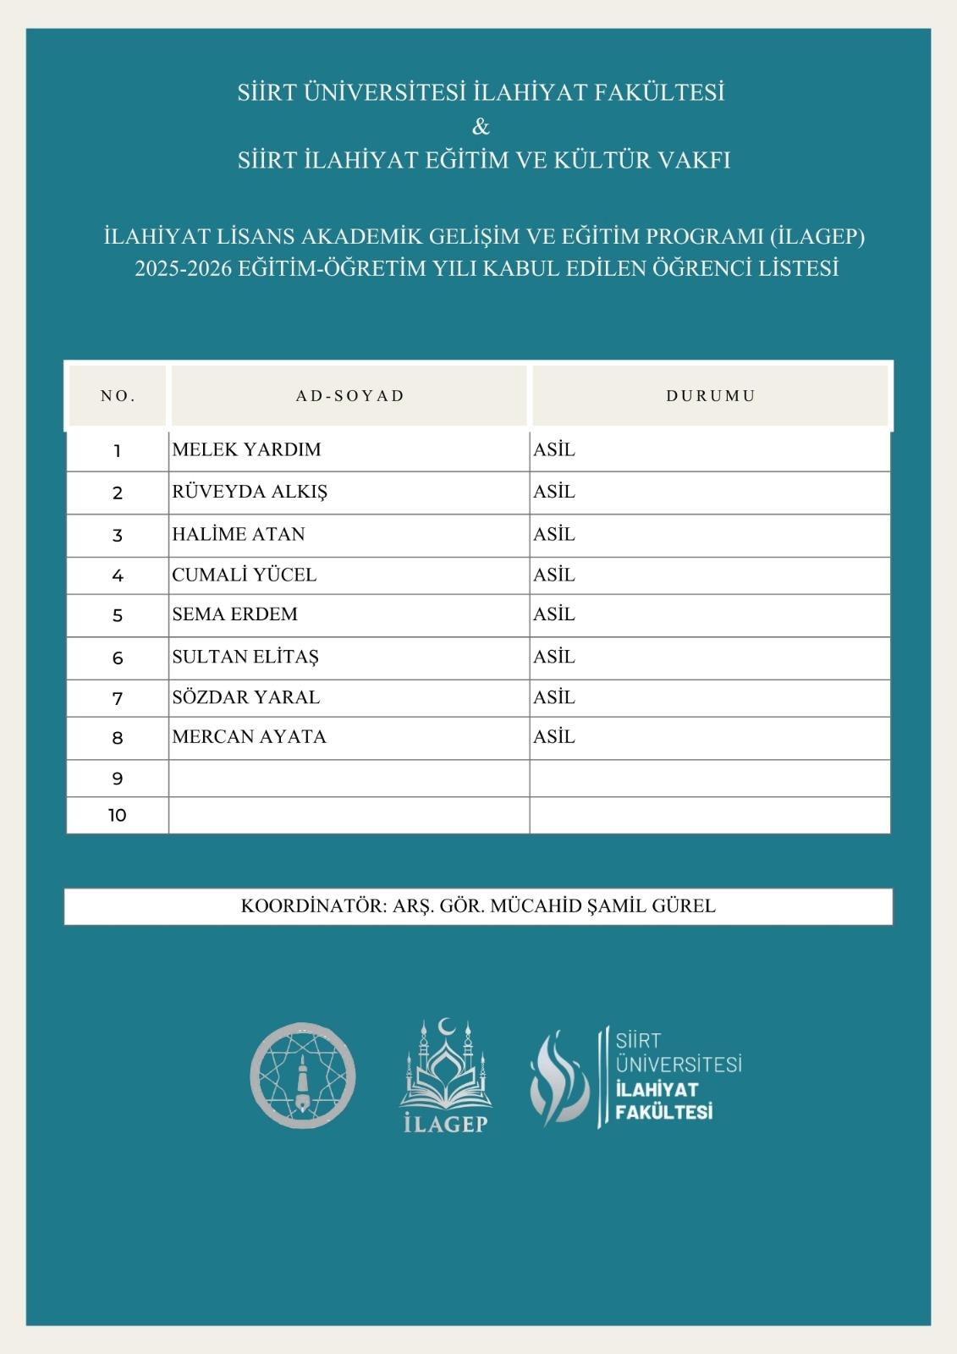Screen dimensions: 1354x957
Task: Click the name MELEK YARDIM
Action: point(246,449)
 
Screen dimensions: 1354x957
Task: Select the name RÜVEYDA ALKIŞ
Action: point(250,492)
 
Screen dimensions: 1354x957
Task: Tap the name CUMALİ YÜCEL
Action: point(244,575)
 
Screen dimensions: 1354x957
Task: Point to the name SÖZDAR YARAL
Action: point(245,697)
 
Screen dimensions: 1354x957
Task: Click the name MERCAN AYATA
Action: point(249,736)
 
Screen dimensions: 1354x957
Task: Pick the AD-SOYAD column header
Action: point(349,395)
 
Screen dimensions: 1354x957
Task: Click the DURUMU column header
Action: point(710,395)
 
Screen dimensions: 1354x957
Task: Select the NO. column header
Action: point(118,395)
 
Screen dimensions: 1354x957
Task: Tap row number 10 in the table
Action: point(117,815)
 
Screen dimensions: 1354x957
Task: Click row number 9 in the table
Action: point(117,779)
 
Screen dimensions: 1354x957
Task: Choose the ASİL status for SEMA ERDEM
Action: point(553,614)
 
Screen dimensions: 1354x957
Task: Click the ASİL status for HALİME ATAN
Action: point(553,534)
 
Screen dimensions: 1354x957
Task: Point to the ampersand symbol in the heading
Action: point(480,127)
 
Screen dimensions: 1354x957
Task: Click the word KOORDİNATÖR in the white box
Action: point(312,905)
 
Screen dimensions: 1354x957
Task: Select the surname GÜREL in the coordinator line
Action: point(684,905)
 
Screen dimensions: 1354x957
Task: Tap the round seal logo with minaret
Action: point(302,1076)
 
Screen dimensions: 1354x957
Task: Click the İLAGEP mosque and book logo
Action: point(446,1076)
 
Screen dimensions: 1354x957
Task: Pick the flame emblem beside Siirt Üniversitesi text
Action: point(559,1076)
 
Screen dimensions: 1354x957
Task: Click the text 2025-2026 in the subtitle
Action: point(182,268)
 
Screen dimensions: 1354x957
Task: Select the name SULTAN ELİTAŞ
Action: point(245,657)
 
